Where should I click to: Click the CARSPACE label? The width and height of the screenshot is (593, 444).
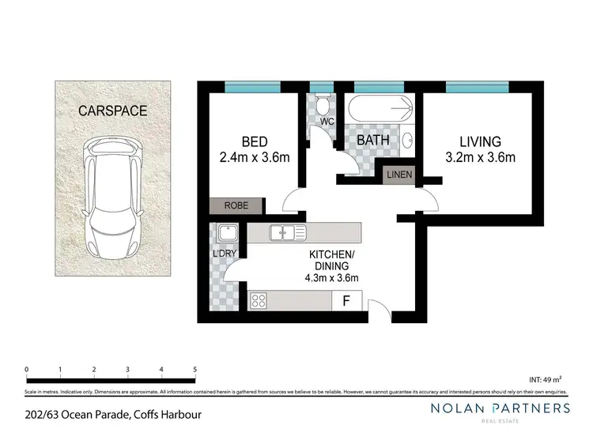point(112,111)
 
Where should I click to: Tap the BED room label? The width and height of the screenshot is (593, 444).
point(254,142)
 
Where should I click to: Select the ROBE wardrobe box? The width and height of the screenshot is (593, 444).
point(236,205)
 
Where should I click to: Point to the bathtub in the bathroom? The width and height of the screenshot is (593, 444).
point(379,107)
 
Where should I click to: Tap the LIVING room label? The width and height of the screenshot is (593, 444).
point(480,142)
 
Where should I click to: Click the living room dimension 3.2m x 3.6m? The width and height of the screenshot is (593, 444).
point(480,157)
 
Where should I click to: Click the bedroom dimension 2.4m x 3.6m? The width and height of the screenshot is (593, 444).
point(254,157)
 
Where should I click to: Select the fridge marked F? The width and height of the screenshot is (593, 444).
point(346,300)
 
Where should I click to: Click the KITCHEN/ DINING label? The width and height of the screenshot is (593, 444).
point(332,262)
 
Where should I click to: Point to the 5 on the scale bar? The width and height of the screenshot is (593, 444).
point(195,369)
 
